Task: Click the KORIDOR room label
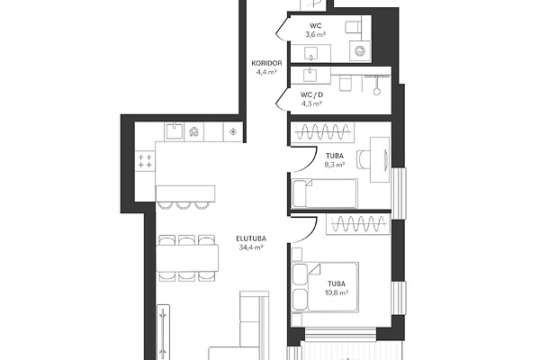click(266, 63)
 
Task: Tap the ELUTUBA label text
click(251, 238)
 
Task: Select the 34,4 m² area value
click(251, 247)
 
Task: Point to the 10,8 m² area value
click(336, 292)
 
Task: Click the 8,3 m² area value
click(335, 165)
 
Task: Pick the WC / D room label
click(311, 94)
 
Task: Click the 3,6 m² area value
click(316, 34)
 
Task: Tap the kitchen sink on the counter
click(175, 131)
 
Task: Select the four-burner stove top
click(145, 161)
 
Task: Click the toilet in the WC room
click(353, 27)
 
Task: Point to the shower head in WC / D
click(377, 92)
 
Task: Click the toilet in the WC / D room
click(345, 84)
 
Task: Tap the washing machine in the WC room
click(360, 51)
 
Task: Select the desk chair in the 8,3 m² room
click(364, 160)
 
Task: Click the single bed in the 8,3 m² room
click(325, 193)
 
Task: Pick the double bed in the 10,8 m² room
click(326, 287)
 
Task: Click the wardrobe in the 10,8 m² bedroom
click(358, 224)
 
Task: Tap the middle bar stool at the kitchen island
click(184, 206)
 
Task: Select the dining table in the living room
click(187, 258)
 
